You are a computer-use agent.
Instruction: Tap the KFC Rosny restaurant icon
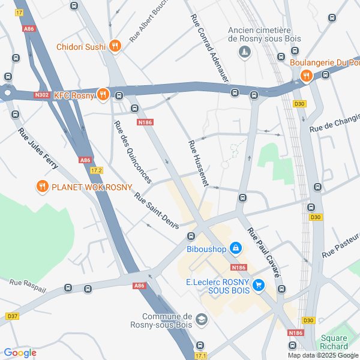coord(103,94)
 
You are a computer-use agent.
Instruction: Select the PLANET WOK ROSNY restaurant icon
coord(41,187)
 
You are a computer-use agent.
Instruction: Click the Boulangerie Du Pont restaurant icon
coord(306,76)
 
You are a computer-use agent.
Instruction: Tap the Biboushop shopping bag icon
coord(236,248)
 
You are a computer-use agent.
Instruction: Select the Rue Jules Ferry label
coord(37,148)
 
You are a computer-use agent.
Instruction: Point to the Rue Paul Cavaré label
coord(265,253)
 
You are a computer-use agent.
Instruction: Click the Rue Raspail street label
coord(23,281)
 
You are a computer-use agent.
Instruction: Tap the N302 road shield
coord(41,94)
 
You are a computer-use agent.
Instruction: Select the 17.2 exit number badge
coord(97,170)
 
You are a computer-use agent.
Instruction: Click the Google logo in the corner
coord(20,353)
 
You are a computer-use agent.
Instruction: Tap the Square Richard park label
coord(334,342)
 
